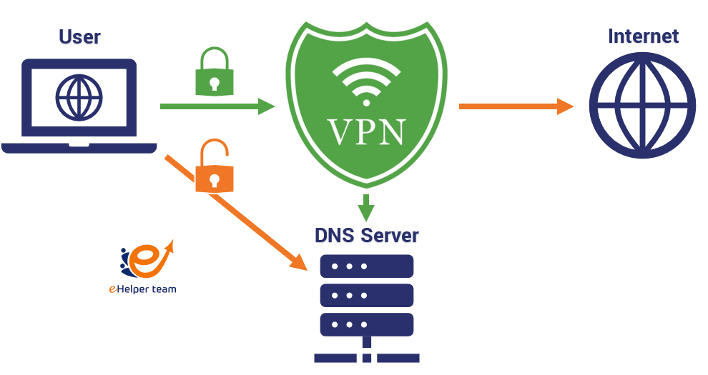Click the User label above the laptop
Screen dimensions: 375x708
point(79,36)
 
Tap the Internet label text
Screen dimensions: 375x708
point(643,36)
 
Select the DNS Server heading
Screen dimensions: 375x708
point(366,235)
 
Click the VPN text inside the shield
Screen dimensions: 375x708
point(366,132)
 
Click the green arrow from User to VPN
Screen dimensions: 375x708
point(215,106)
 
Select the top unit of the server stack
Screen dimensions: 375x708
point(366,266)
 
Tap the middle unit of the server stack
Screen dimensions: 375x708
point(366,295)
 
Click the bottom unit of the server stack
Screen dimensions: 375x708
point(366,324)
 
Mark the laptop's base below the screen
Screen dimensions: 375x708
point(79,148)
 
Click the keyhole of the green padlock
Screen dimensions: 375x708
point(215,83)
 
